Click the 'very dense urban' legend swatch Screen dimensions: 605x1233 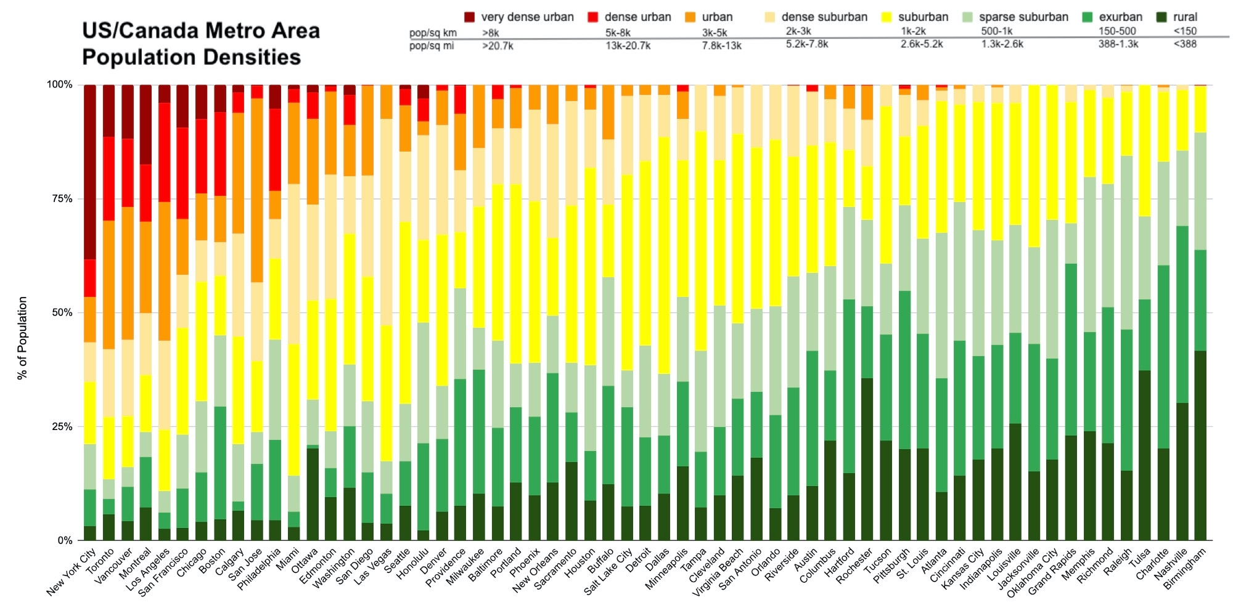click(470, 17)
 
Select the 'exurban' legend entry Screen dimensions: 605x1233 click(1120, 17)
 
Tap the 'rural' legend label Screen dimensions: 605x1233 click(1185, 17)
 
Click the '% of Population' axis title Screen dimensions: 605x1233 click(23, 338)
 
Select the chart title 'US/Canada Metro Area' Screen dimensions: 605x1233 click(201, 31)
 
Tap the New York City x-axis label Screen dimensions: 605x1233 click(73, 572)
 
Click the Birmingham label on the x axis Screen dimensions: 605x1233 click(1185, 569)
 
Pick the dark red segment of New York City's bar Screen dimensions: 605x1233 click(90, 173)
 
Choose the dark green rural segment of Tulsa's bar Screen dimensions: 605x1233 click(1145, 455)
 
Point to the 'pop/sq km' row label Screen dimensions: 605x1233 click(433, 33)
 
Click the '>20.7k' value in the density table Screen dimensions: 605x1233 click(498, 46)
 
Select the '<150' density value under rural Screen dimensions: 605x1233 click(1185, 31)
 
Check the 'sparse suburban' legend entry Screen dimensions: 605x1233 click(1023, 17)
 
